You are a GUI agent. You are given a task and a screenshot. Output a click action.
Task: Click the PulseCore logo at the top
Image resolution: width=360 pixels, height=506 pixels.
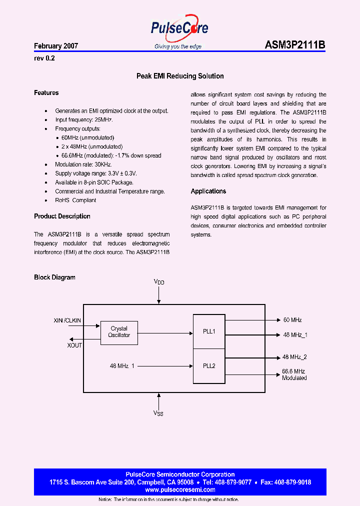click(x=179, y=30)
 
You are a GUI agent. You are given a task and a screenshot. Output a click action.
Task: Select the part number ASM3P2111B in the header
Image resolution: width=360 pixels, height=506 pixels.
click(x=295, y=45)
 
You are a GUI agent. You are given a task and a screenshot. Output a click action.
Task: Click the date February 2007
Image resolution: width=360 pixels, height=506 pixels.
click(x=56, y=46)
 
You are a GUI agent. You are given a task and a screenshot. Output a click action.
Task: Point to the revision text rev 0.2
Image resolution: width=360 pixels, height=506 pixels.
click(x=44, y=58)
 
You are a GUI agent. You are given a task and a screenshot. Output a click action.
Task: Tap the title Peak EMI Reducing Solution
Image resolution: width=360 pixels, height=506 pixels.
click(x=180, y=76)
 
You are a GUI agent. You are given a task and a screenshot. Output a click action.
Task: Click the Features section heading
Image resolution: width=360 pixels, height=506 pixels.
click(x=46, y=93)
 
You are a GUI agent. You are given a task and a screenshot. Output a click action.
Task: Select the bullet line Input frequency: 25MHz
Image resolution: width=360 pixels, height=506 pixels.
click(x=84, y=120)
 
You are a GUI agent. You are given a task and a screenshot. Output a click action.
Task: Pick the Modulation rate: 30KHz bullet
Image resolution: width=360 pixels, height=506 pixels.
click(x=83, y=164)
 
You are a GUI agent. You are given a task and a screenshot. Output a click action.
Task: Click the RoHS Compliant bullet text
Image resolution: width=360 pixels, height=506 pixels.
click(x=75, y=200)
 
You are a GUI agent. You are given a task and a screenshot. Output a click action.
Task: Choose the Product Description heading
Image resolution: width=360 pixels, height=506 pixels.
click(x=62, y=216)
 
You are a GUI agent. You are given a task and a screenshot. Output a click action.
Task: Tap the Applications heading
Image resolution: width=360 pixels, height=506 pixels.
click(x=208, y=191)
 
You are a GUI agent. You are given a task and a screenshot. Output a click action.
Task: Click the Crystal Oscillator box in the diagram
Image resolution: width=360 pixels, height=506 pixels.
click(x=119, y=332)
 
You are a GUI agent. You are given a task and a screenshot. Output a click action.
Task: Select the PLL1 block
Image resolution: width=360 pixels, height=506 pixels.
click(x=209, y=331)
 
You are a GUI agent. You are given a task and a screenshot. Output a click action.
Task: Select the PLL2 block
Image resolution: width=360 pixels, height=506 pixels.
click(x=209, y=366)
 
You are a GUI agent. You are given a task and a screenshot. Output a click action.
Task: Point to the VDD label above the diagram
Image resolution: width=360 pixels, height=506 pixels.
click(x=158, y=282)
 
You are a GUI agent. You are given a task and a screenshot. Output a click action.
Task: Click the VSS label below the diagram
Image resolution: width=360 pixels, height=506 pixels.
click(x=158, y=413)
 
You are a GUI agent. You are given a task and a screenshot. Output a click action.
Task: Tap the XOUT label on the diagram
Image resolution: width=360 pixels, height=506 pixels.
click(x=74, y=345)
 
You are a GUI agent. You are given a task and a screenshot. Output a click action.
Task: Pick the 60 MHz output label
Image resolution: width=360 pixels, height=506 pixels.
click(x=292, y=320)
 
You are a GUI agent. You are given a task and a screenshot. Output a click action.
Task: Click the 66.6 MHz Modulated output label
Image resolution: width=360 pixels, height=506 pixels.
click(x=294, y=374)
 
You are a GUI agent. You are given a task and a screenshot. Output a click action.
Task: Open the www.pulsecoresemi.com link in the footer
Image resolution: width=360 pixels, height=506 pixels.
click(x=180, y=490)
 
